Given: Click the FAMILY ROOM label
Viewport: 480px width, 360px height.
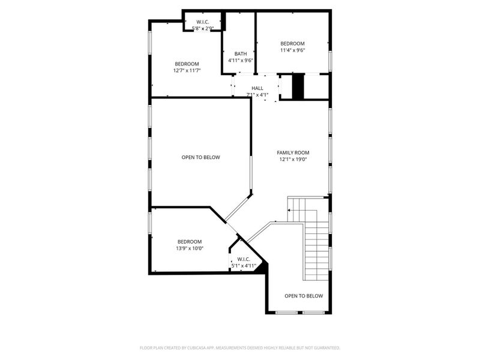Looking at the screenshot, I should (293, 152).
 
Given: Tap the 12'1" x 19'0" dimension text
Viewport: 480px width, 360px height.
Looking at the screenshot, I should (293, 160).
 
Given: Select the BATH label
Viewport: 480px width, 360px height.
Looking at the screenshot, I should (241, 53).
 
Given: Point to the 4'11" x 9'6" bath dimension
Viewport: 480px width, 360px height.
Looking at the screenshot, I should (241, 60).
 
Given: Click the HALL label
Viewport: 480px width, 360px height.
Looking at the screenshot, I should (257, 88).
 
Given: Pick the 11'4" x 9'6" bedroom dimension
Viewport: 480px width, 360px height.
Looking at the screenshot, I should (293, 50).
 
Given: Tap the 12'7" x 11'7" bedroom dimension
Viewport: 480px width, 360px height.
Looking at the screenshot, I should (187, 70).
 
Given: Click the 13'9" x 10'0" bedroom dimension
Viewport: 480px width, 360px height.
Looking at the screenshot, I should (190, 248).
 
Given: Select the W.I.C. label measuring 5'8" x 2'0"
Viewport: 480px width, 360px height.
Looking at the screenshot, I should (202, 22).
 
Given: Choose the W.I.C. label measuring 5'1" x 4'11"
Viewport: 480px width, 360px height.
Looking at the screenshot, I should (244, 259).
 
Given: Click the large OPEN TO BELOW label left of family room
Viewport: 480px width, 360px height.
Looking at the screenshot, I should (201, 157).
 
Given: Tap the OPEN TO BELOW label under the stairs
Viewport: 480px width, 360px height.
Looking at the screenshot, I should (304, 296).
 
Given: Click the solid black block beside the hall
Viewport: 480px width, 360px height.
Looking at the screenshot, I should (298, 86).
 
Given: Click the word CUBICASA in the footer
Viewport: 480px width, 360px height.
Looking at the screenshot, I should (214, 347).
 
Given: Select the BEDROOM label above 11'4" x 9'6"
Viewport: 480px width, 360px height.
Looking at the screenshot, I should (293, 43).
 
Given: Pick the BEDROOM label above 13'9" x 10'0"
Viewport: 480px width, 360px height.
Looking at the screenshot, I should (190, 241).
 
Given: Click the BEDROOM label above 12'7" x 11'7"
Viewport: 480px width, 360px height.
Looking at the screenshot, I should (187, 64).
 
